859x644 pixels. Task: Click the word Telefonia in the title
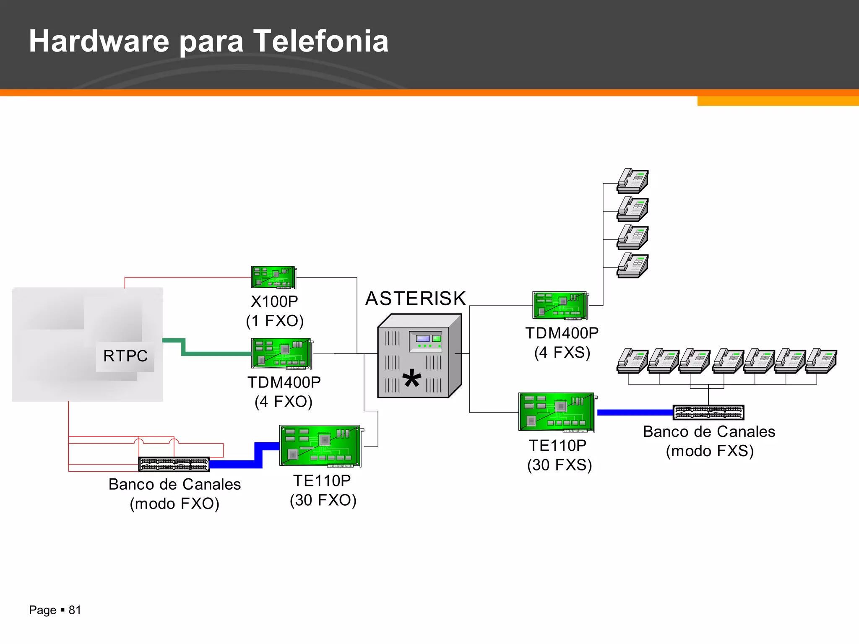coord(321,41)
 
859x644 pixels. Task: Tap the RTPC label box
coord(125,356)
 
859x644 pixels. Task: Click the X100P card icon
coord(273,277)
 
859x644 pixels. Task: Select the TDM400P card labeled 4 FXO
coord(281,353)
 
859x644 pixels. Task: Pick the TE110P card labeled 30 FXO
coord(320,446)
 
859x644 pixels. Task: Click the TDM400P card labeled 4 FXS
coord(560,305)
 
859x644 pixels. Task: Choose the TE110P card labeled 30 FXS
coord(557,412)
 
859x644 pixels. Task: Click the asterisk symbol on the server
coord(411,379)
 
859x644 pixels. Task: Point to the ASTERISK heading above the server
coord(415,299)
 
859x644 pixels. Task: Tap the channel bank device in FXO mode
coord(174,464)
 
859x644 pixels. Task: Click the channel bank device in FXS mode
coord(708,412)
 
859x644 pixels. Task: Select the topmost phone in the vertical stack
coord(633,181)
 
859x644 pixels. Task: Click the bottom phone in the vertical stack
coord(633,265)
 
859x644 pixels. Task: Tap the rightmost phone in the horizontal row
coord(821,361)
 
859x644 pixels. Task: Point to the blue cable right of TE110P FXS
coord(634,413)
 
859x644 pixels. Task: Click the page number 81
coord(75,610)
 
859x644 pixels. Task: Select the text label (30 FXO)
coord(323,500)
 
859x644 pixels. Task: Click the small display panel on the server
coord(422,338)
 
